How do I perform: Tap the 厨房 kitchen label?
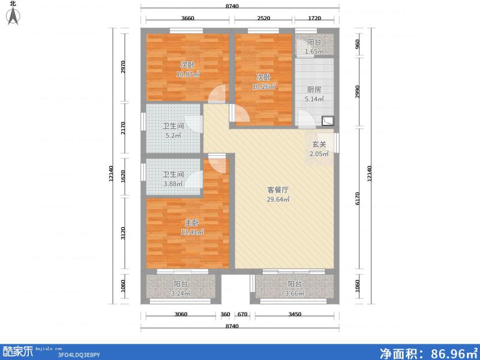(314, 89)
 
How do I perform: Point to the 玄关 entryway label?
(319, 145)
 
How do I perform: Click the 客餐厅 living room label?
(278, 190)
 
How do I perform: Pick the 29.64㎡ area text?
(278, 199)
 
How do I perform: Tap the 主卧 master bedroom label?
(192, 223)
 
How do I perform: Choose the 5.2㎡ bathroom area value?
(173, 136)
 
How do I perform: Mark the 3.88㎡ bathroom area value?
(173, 184)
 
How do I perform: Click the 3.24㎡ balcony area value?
(181, 293)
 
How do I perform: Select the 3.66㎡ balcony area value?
(295, 293)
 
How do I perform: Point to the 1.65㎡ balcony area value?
(314, 52)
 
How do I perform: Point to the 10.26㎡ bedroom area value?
(263, 86)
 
